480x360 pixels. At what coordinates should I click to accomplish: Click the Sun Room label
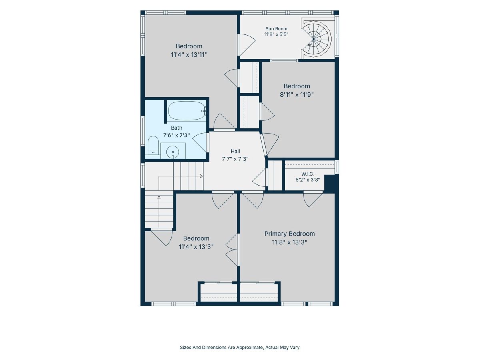point(276,29)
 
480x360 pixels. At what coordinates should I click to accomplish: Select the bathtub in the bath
point(187,110)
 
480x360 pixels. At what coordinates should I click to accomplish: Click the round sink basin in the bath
point(173,152)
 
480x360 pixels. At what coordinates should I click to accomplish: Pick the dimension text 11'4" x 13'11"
point(189,54)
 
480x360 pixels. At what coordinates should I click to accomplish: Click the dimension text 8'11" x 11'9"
point(297,95)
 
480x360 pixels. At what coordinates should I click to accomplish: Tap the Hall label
point(235,151)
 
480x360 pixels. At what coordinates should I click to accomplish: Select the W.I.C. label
point(308,174)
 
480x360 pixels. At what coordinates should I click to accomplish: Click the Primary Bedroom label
point(290,234)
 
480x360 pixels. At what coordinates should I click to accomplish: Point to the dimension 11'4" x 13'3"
point(196,247)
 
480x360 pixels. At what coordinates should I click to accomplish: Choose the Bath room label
point(176,128)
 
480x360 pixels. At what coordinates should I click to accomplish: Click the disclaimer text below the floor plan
point(240,347)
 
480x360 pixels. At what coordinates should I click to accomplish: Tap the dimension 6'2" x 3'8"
point(308,180)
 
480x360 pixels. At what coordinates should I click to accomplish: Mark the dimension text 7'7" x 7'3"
point(235,159)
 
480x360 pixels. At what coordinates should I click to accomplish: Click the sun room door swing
point(246,45)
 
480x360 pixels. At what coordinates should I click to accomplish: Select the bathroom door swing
point(199,142)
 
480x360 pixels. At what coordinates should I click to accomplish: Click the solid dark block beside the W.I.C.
point(332,184)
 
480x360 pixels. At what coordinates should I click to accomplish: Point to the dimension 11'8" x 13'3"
point(290,242)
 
